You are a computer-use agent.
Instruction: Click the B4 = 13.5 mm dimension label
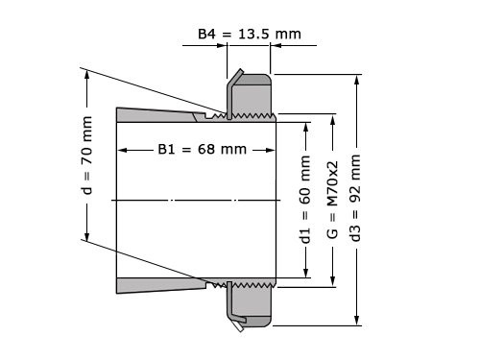(249, 34)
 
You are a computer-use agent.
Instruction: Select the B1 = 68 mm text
(202, 150)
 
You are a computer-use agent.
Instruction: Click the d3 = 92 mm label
(357, 201)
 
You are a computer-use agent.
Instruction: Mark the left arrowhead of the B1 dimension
(121, 150)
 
